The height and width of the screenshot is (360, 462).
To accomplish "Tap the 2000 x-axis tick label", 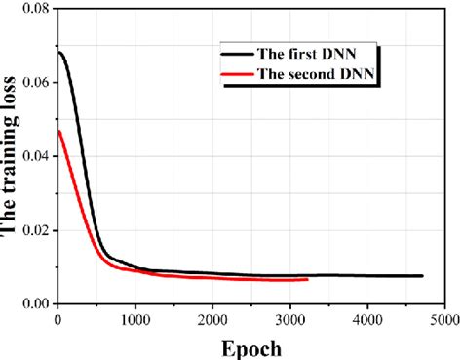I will point(212,317).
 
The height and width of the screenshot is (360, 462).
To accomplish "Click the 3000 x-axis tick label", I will point(289,317).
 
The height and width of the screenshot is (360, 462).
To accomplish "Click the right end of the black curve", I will point(422,276).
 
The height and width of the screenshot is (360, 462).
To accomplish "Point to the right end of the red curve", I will point(307,279).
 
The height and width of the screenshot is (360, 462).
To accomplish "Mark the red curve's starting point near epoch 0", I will point(58,131).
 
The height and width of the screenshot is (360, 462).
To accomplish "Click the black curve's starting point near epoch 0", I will point(58,52).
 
